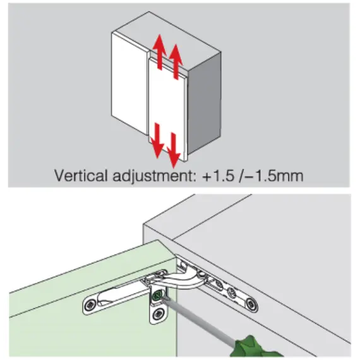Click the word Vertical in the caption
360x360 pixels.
pyautogui.click(x=81, y=176)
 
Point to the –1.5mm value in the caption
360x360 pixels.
pyautogui.click(x=274, y=176)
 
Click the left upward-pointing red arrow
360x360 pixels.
pyautogui.click(x=160, y=52)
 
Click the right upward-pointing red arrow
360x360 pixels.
pyautogui.click(x=176, y=61)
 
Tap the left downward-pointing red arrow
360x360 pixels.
pyautogui.click(x=157, y=140)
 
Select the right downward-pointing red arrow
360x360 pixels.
pyautogui.click(x=174, y=150)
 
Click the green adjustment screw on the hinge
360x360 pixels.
pyautogui.click(x=157, y=295)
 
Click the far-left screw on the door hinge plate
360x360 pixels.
pyautogui.click(x=90, y=305)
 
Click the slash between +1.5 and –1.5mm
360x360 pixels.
pyautogui.click(x=240, y=176)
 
